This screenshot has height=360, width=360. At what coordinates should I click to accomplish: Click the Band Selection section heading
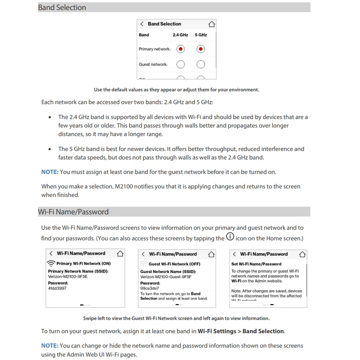[x=62, y=8]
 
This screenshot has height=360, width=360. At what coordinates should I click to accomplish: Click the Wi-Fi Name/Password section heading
[x=73, y=212]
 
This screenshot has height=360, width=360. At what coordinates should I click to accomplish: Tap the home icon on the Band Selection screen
[x=211, y=24]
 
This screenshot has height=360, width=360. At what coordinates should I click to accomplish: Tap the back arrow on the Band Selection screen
[x=142, y=24]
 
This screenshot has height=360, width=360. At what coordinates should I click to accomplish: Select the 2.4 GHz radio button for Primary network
[x=180, y=49]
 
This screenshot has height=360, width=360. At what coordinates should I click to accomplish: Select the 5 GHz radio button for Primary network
[x=201, y=49]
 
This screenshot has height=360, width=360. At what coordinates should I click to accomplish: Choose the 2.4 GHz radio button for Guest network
[x=180, y=64]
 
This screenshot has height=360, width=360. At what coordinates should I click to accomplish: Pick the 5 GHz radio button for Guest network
[x=201, y=64]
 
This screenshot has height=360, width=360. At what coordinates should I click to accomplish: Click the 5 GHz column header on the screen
[x=201, y=35]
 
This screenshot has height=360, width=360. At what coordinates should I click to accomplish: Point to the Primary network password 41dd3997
[x=57, y=288]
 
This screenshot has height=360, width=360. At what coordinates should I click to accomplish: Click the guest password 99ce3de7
[x=149, y=288]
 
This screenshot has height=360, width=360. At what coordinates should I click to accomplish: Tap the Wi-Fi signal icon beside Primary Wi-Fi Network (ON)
[x=51, y=264]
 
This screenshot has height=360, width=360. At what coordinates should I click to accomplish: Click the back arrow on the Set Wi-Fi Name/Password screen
[x=234, y=254]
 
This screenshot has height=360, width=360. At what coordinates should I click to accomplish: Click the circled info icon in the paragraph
[x=230, y=237]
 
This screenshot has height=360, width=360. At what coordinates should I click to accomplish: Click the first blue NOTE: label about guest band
[x=49, y=172]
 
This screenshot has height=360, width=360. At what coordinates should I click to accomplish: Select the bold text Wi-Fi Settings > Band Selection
[x=241, y=331]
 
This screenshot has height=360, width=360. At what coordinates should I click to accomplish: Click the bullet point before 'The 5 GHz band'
[x=49, y=149]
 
